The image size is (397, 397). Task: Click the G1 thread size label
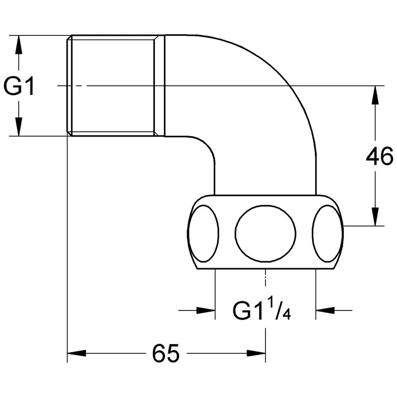click(19, 86)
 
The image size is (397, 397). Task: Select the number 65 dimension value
click(166, 353)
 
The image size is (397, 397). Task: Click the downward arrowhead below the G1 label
click(19, 127)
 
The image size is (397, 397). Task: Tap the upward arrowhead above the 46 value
click(375, 95)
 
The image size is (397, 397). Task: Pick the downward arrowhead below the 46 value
click(375, 216)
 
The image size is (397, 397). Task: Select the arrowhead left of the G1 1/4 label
click(206, 310)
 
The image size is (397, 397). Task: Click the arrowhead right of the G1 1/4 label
click(325, 310)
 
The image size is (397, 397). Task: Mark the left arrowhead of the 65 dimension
click(77, 353)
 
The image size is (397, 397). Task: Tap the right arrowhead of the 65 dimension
click(256, 353)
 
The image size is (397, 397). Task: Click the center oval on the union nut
click(265, 233)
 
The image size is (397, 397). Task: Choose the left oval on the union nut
click(203, 233)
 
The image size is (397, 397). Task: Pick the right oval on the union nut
click(328, 233)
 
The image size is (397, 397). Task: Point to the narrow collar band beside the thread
click(159, 86)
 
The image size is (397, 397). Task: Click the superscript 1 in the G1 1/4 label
click(271, 305)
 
